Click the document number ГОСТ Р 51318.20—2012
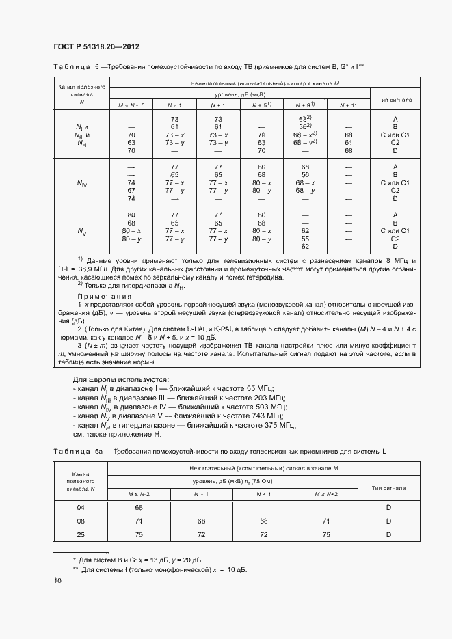[x=96, y=46]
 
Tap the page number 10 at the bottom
[x=57, y=581]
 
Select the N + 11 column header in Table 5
[x=348, y=105]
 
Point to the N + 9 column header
[x=304, y=105]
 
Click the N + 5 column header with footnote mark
[x=261, y=105]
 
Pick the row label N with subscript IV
[x=81, y=183]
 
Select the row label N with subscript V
[x=81, y=231]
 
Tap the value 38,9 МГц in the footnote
[x=90, y=271]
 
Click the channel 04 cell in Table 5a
[x=81, y=507]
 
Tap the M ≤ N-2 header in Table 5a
[x=139, y=494]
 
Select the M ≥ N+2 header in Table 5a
[x=325, y=494]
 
